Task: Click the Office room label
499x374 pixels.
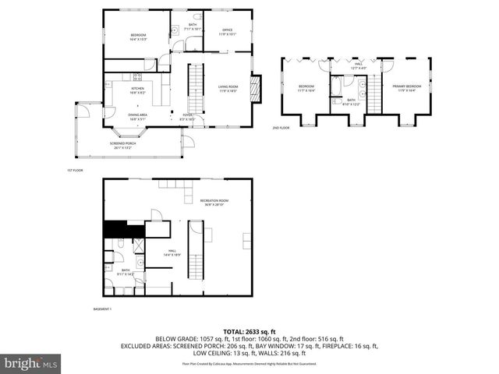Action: tap(227, 32)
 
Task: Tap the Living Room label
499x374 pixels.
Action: tap(228, 88)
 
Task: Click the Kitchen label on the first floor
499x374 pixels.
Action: tap(137, 90)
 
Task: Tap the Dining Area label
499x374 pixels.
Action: tap(138, 116)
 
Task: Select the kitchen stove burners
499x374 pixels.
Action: tap(137, 76)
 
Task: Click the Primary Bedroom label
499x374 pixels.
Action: tap(406, 87)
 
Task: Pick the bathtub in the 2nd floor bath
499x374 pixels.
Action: tap(335, 86)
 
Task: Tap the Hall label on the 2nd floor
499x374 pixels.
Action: tap(358, 68)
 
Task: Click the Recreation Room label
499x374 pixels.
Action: tap(211, 203)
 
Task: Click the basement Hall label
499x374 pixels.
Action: tap(172, 254)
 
